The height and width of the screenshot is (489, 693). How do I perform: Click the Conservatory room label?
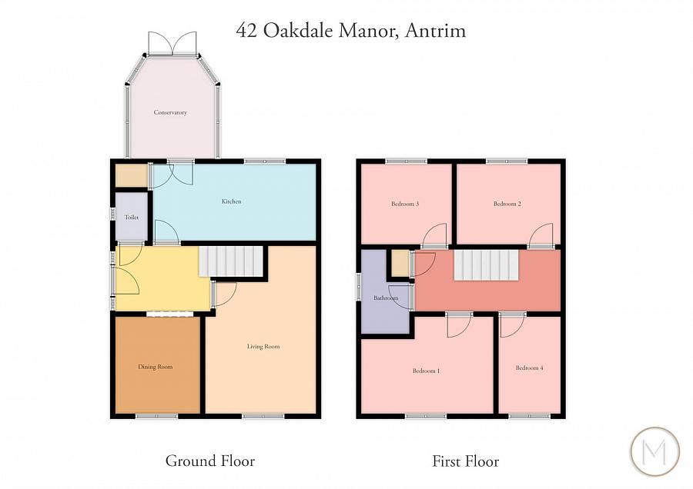(x=170, y=113)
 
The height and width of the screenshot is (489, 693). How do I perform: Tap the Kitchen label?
(x=231, y=201)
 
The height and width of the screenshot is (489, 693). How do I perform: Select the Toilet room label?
(x=131, y=218)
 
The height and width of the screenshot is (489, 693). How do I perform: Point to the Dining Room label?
(x=155, y=367)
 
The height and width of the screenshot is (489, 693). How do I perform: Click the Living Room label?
(x=263, y=347)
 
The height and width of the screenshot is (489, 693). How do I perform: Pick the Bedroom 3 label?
(x=404, y=204)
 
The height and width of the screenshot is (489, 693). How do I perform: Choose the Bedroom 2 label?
(x=507, y=204)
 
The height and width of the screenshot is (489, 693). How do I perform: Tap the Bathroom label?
(x=386, y=298)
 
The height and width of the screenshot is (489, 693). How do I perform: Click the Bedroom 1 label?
(x=426, y=371)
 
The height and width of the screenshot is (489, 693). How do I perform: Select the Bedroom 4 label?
(x=529, y=368)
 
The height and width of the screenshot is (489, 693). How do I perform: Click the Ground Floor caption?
(x=209, y=461)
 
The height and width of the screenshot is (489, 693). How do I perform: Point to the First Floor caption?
(x=465, y=462)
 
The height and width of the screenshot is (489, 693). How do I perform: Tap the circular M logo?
(x=654, y=451)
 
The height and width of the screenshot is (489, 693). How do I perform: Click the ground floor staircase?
(x=231, y=261)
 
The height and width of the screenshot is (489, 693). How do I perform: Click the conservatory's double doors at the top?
(x=172, y=43)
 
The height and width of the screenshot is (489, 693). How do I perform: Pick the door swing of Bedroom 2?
(x=542, y=235)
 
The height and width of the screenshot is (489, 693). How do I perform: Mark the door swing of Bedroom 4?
(x=511, y=325)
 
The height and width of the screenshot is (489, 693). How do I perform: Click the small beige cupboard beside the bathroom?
(x=400, y=262)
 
